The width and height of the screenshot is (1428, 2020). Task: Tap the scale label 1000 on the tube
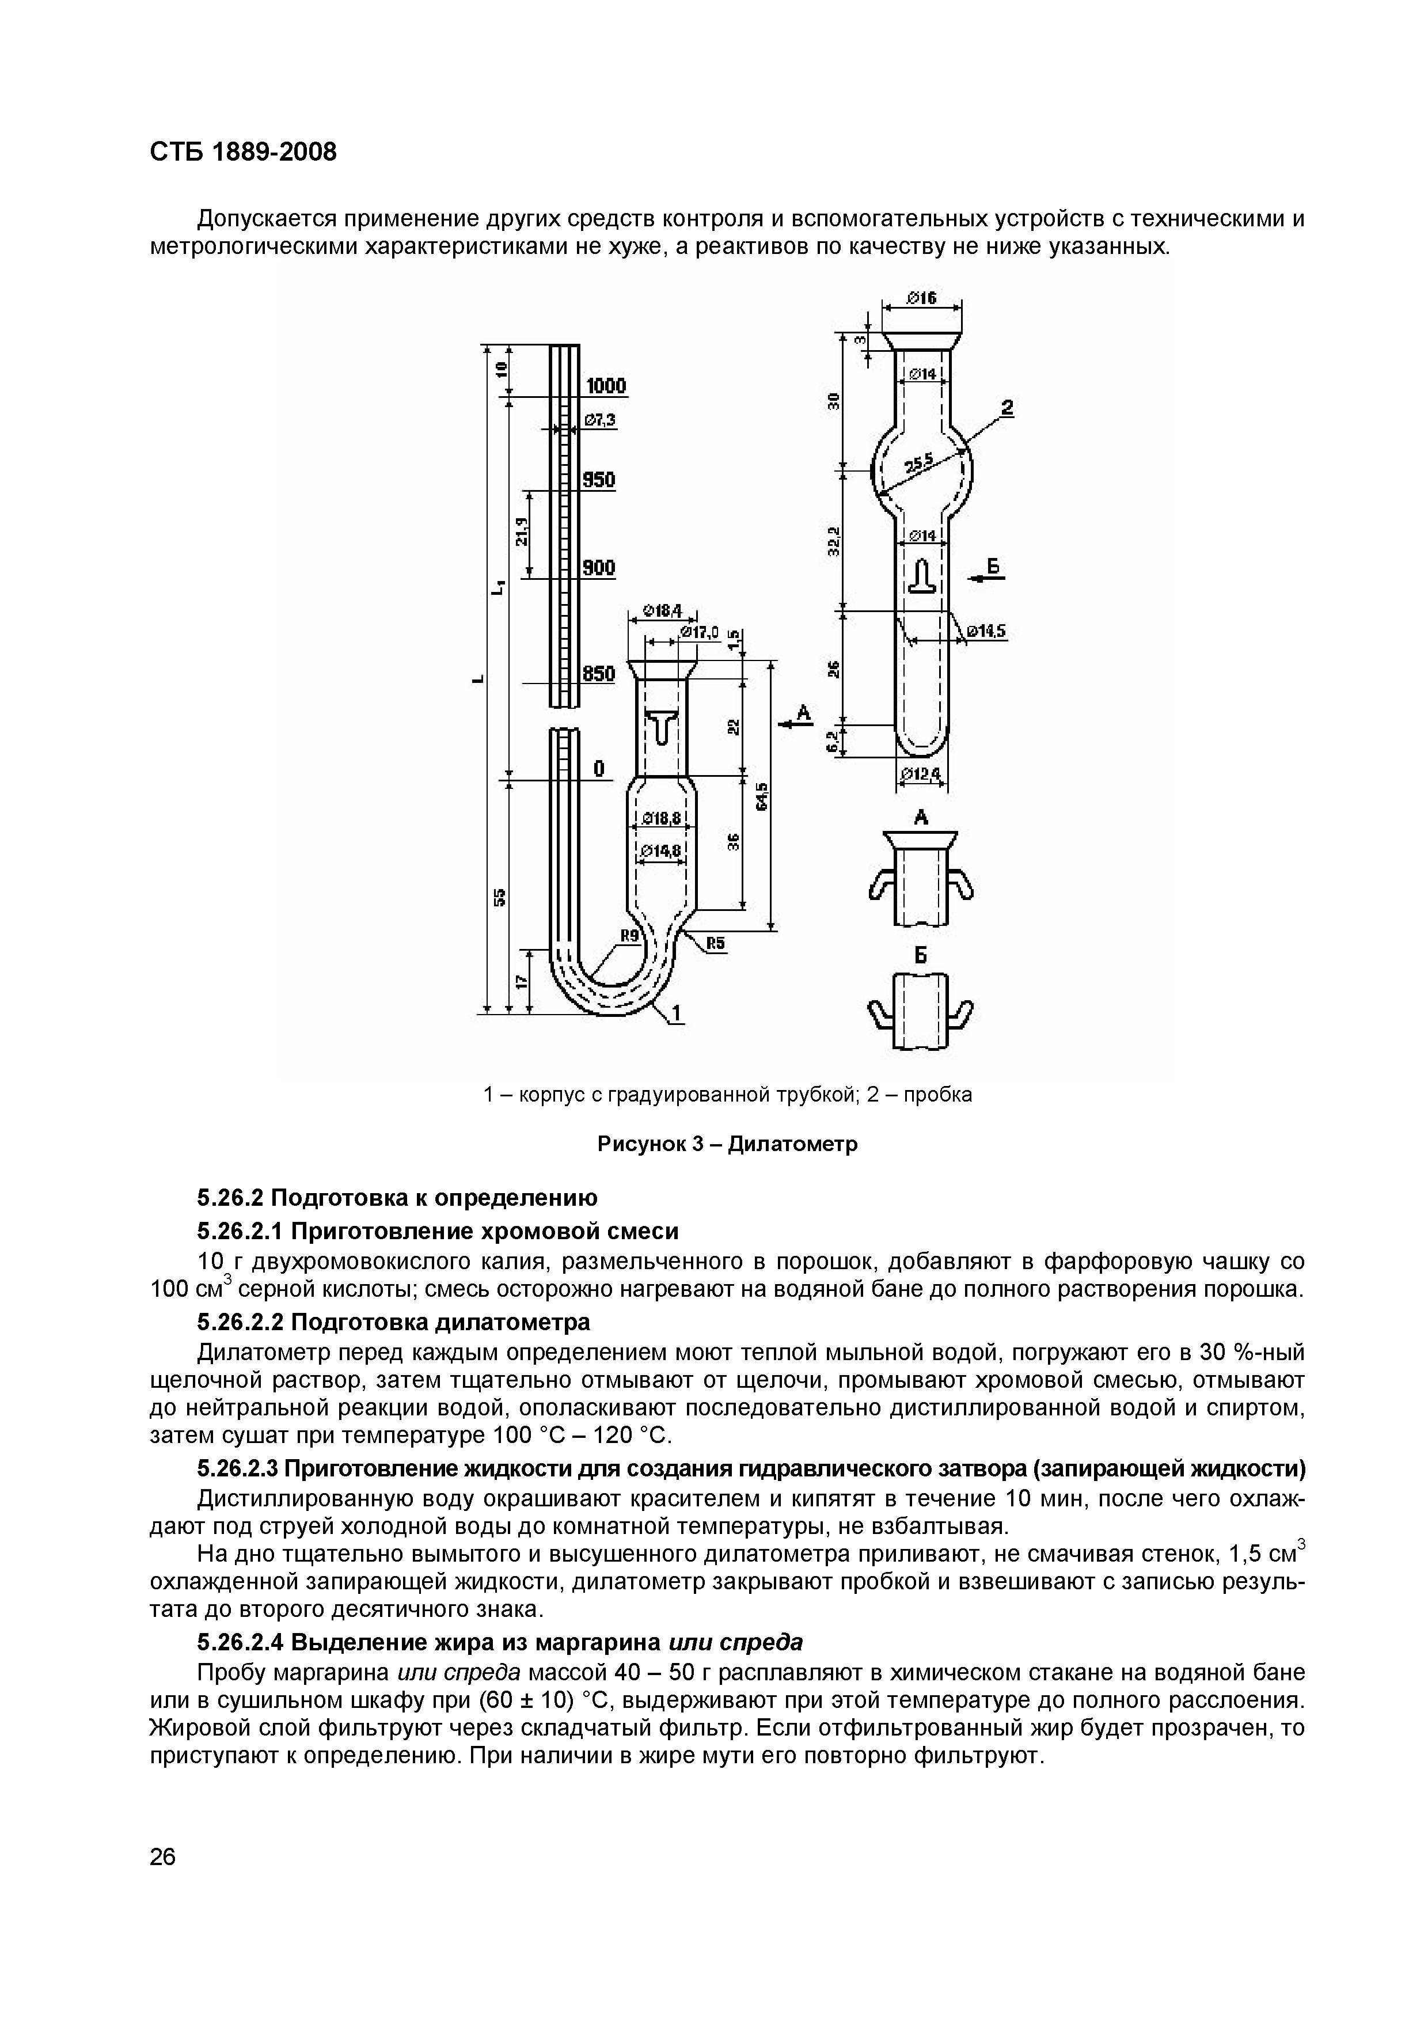(605, 386)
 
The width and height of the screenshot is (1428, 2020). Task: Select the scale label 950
(599, 480)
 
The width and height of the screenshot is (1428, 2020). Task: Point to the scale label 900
(599, 568)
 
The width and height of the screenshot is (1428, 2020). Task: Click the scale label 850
(599, 674)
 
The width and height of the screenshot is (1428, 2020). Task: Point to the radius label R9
(629, 936)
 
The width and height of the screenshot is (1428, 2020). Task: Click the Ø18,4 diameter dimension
(662, 610)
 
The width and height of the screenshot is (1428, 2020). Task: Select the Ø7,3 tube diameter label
(599, 422)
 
